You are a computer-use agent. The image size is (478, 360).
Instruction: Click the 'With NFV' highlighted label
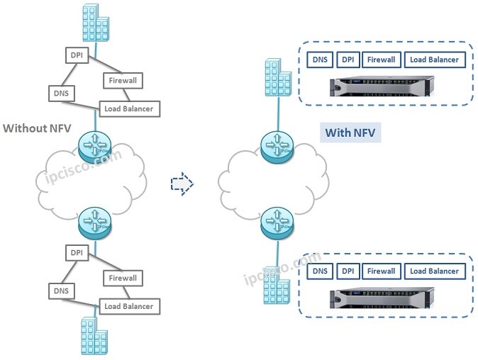click(350, 133)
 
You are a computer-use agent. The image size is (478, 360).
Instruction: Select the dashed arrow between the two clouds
click(182, 184)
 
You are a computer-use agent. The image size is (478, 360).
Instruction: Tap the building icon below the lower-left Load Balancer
click(94, 334)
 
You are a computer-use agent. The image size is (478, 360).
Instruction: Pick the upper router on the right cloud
click(275, 147)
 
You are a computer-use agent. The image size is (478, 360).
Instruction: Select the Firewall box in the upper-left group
click(123, 81)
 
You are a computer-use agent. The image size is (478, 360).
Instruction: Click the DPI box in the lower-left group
click(76, 252)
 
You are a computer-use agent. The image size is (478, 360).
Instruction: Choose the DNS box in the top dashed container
click(321, 60)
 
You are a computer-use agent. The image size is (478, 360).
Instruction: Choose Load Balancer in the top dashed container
click(434, 60)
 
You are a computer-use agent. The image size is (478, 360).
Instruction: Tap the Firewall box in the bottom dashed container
click(381, 271)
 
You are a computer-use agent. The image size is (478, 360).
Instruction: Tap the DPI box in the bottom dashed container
click(348, 271)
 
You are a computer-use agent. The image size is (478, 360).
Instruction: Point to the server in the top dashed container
click(380, 87)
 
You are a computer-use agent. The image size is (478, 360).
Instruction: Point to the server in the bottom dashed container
click(380, 298)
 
